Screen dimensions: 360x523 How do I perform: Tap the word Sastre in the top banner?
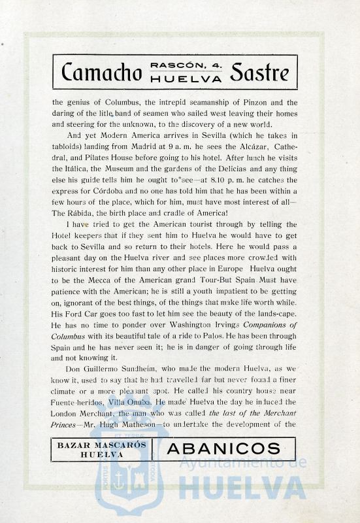point(258,72)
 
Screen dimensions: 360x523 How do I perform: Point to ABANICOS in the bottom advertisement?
point(223,448)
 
